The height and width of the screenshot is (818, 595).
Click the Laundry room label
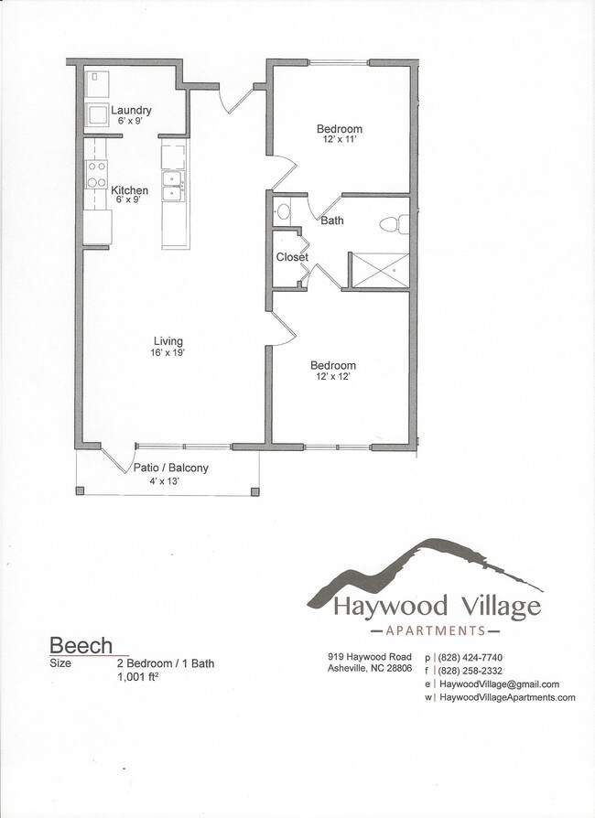(x=131, y=111)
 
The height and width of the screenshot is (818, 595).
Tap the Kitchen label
(x=130, y=191)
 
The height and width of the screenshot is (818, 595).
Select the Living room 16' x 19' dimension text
(x=168, y=353)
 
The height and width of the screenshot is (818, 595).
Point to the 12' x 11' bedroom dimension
(x=340, y=140)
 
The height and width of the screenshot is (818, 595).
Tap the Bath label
(x=332, y=220)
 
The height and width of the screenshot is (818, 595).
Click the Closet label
(x=292, y=257)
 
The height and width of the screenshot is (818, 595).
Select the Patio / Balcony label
(x=171, y=468)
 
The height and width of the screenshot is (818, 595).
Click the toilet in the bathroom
(x=391, y=222)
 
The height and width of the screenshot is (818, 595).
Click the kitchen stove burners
(x=97, y=175)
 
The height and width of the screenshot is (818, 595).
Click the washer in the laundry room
(x=97, y=116)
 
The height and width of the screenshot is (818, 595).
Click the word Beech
(x=81, y=645)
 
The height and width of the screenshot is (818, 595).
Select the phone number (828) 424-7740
(x=471, y=657)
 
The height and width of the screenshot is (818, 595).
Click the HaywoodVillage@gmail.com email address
(x=499, y=683)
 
